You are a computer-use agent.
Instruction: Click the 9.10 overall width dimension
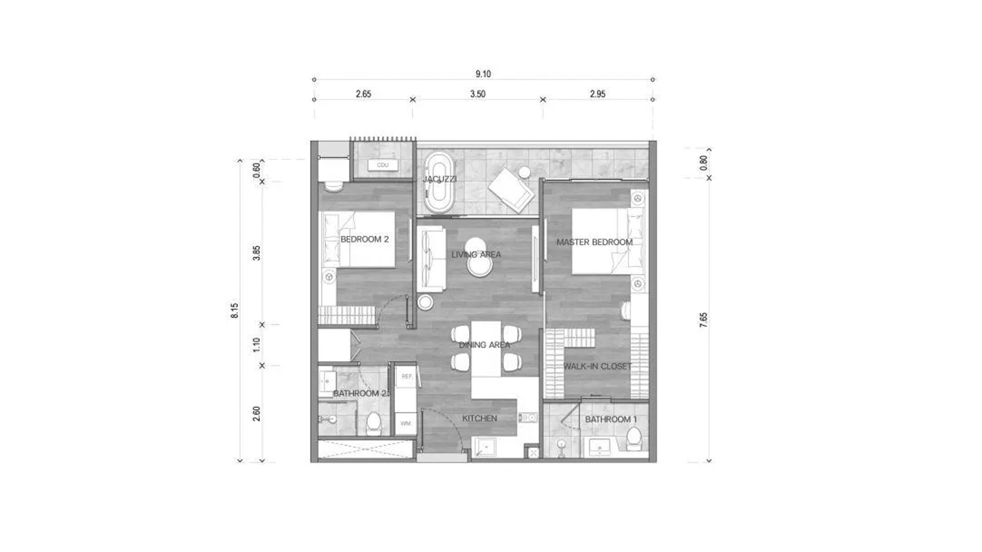coord(483,74)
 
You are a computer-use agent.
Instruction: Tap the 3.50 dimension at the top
coord(478,94)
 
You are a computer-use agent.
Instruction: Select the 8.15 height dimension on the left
coord(235,311)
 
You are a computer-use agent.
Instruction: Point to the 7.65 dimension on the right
coord(704,320)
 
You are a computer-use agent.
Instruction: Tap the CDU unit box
coord(383,165)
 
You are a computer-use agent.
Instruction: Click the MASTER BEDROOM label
coord(594,242)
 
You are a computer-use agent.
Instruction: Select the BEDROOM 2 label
coord(364,239)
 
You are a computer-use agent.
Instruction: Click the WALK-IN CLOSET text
coord(597,366)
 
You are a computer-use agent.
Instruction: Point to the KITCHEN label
coord(480,419)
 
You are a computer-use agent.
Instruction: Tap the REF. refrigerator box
coord(407,377)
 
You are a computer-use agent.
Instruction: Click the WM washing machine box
coord(406,424)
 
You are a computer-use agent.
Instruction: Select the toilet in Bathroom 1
coord(634,439)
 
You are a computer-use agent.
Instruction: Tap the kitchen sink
coord(484,448)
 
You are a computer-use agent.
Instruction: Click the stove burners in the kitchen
coord(528,418)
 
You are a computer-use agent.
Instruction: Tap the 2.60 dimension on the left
coord(257,413)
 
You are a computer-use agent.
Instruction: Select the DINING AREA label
coord(484,345)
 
